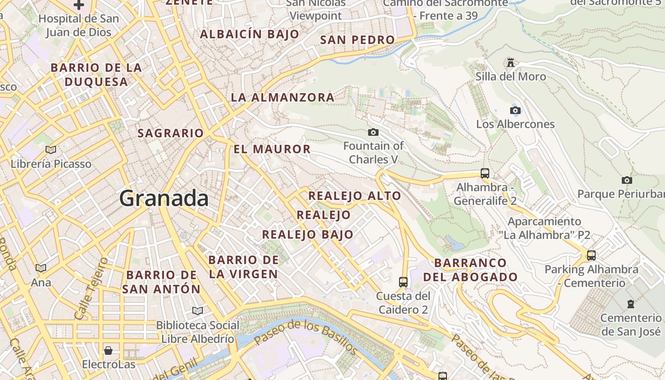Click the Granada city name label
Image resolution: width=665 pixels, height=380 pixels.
coord(164,198)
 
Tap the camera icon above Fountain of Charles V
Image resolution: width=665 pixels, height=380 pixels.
coord(373,132)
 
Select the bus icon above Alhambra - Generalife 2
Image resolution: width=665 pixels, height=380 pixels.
coord(484,173)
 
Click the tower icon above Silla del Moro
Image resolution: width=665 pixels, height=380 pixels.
coord(511,62)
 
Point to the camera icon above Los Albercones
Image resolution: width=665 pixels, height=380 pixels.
coord(515,111)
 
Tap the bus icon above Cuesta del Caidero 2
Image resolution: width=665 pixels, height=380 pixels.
coord(403,282)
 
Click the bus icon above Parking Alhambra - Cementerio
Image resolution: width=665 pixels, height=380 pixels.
coord(591,256)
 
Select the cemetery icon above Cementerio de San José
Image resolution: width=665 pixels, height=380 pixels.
coord(631,304)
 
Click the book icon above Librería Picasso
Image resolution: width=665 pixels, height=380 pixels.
coord(51,150)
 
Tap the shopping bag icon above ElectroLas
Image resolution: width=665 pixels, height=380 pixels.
coord(108,351)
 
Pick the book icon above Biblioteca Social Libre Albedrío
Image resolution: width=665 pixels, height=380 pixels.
coord(197,311)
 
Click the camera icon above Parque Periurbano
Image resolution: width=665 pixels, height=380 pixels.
coord(627,180)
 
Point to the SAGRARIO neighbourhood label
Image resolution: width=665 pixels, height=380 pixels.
coord(171,133)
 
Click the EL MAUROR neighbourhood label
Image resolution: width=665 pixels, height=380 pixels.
coord(272,149)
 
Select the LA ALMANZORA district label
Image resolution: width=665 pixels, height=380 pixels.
coord(283,98)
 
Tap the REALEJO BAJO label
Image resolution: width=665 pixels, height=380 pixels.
coord(308,234)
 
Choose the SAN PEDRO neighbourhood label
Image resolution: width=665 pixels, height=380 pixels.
coord(357,40)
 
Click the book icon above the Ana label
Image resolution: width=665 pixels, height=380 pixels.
coord(41,268)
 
